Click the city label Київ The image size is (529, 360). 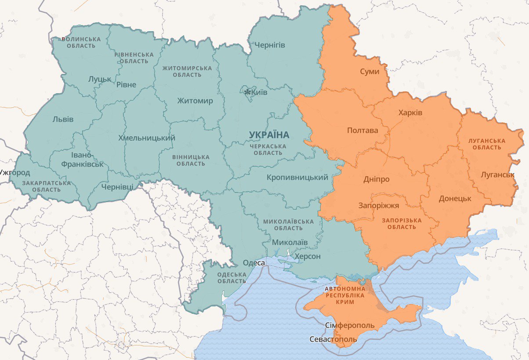(259, 92)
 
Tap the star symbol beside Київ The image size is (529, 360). (247, 92)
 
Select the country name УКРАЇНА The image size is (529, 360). (269, 135)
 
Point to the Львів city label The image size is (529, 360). (63, 119)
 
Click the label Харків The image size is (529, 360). (410, 113)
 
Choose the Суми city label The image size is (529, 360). (369, 71)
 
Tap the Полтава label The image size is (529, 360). (362, 131)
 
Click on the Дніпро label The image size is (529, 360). (376, 179)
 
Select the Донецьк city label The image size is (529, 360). (455, 198)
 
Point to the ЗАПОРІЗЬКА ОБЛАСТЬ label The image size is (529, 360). (402, 223)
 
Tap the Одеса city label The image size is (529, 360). (254, 262)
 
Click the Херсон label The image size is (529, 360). (308, 256)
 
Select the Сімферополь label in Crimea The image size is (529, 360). (350, 325)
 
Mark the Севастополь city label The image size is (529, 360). (333, 339)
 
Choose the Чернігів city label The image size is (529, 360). (269, 45)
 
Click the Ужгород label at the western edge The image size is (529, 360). (15, 172)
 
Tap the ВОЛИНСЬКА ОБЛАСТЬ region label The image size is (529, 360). (81, 42)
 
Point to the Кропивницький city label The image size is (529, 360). (297, 178)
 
